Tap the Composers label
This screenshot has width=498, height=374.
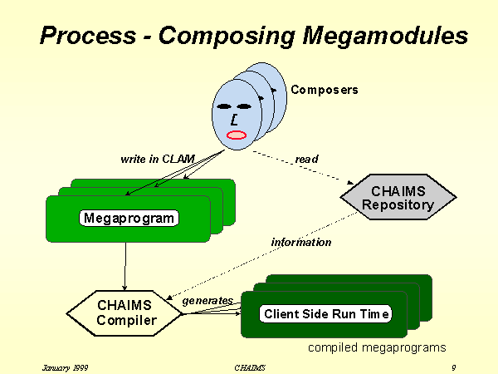point(325,90)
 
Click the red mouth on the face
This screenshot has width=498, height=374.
point(237,135)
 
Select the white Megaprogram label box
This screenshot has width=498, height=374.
point(130,219)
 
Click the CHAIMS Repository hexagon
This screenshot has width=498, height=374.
point(398,199)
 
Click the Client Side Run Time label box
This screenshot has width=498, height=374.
point(325,314)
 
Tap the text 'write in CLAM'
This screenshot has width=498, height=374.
point(158,158)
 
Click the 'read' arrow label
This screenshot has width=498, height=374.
point(306,159)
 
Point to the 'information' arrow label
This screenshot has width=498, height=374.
point(301,243)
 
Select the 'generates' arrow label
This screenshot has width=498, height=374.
point(207,301)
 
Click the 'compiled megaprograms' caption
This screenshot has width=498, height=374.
point(377,347)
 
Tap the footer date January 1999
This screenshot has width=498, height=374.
point(66,367)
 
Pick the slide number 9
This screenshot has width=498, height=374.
point(454,367)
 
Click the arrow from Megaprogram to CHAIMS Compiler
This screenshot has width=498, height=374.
point(124,266)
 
